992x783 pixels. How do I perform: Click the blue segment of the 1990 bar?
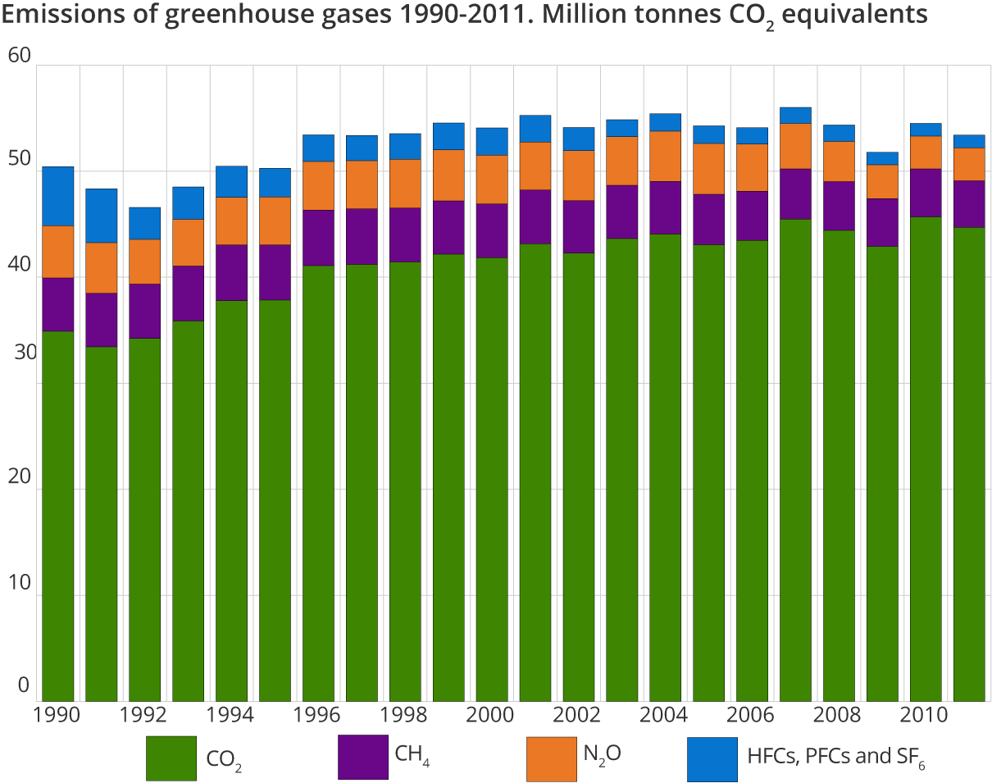[x=58, y=196]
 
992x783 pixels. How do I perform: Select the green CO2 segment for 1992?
[x=145, y=517]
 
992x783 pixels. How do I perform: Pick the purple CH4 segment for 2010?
[x=926, y=193]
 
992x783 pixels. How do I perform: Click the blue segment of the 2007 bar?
[x=795, y=116]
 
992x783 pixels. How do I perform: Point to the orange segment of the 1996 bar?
[x=319, y=186]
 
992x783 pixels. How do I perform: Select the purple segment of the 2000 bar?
[x=492, y=230]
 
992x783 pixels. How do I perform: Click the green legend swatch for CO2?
[x=171, y=758]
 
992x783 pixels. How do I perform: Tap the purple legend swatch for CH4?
[x=362, y=756]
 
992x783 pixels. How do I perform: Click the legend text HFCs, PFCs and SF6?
[x=835, y=756]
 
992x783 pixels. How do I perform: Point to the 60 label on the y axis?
[x=18, y=56]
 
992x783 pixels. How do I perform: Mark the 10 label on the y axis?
[x=18, y=583]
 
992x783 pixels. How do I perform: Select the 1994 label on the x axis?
[x=231, y=715]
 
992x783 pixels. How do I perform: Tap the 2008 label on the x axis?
[x=837, y=715]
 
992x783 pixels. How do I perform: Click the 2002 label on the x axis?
[x=577, y=715]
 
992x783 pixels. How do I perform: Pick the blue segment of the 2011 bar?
[x=969, y=141]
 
